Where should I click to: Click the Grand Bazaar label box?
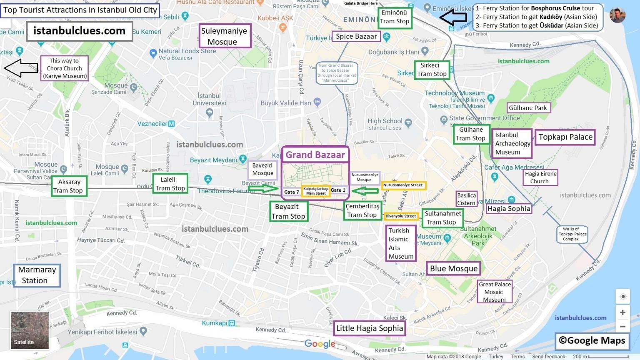315,155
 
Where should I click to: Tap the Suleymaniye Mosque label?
224,36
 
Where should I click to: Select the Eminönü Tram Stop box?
395,17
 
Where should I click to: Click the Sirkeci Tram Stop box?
432,70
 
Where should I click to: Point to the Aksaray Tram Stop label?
69,186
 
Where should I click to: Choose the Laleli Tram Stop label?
170,184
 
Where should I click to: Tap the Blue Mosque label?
453,268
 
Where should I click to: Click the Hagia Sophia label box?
509,209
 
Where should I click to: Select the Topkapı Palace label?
565,137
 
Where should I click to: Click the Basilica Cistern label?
466,199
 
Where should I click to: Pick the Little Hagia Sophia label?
370,328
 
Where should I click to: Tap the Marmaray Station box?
37,275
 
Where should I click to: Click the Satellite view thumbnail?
30,330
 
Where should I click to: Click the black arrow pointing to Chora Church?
21,68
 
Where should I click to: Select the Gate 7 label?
291,192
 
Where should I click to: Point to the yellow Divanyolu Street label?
401,216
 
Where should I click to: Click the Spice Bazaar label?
356,36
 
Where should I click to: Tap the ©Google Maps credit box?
592,340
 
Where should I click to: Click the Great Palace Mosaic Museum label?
494,292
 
